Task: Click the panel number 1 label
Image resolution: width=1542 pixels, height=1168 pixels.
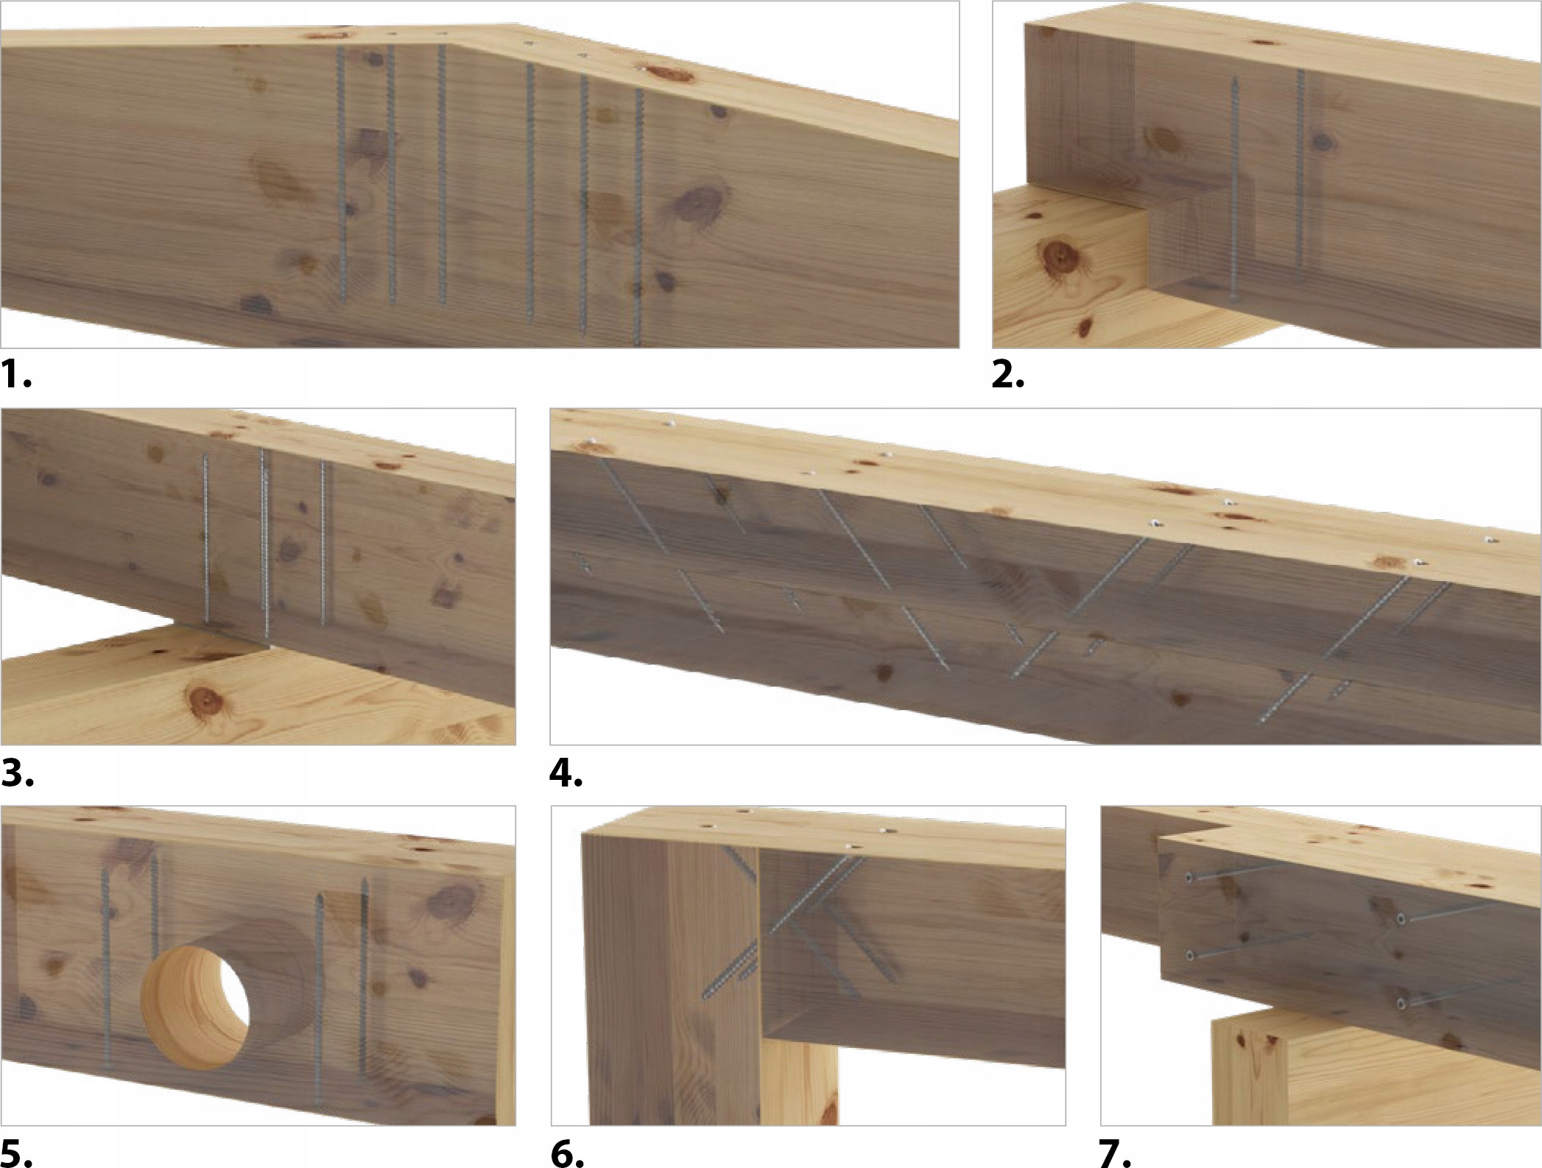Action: tap(16, 376)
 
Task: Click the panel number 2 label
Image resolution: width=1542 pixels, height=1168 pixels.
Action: tap(1008, 376)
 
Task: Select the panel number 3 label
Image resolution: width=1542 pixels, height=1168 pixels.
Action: tap(17, 773)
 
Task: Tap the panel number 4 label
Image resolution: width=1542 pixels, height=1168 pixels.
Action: tap(567, 773)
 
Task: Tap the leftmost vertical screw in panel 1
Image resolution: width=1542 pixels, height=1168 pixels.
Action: tap(342, 175)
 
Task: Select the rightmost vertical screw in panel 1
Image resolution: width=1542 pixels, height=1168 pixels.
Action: tap(638, 217)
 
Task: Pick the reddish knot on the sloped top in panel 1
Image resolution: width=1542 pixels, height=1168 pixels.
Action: tap(662, 72)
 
